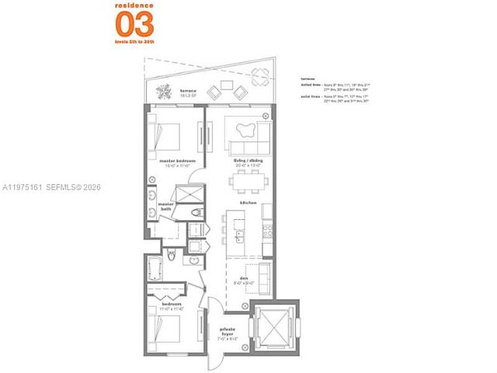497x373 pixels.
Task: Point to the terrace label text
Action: click(187, 91)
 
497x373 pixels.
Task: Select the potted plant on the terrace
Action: click(162, 92)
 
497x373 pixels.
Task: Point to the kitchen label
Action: click(248, 202)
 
